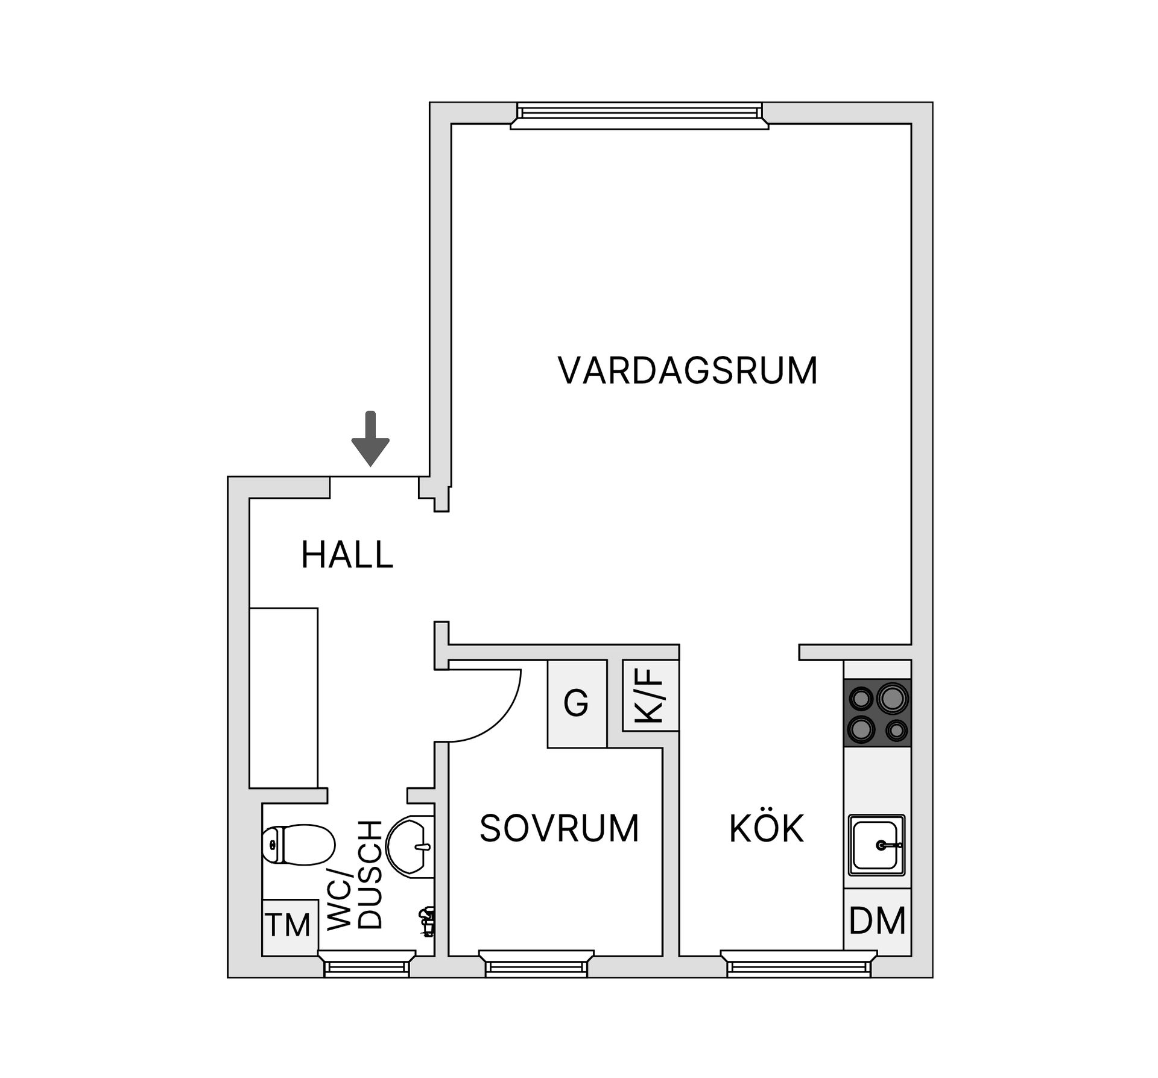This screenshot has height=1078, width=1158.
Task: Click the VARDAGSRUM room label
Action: click(688, 370)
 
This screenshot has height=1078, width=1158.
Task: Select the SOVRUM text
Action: click(559, 828)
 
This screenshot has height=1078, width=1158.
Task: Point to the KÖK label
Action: click(767, 829)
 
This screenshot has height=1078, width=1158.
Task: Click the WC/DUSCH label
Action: click(355, 875)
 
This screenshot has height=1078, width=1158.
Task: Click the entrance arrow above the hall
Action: click(370, 439)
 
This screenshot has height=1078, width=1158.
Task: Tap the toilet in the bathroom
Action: click(298, 845)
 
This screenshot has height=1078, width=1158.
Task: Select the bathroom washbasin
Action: click(410, 845)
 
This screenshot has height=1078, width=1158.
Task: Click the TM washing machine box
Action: click(289, 925)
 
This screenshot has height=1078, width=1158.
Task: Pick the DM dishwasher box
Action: click(877, 921)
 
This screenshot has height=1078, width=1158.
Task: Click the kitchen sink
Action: click(876, 845)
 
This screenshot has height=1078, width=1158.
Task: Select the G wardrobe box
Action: click(577, 703)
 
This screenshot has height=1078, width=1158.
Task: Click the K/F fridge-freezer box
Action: click(650, 696)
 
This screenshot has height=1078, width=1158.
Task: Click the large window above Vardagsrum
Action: click(639, 115)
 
